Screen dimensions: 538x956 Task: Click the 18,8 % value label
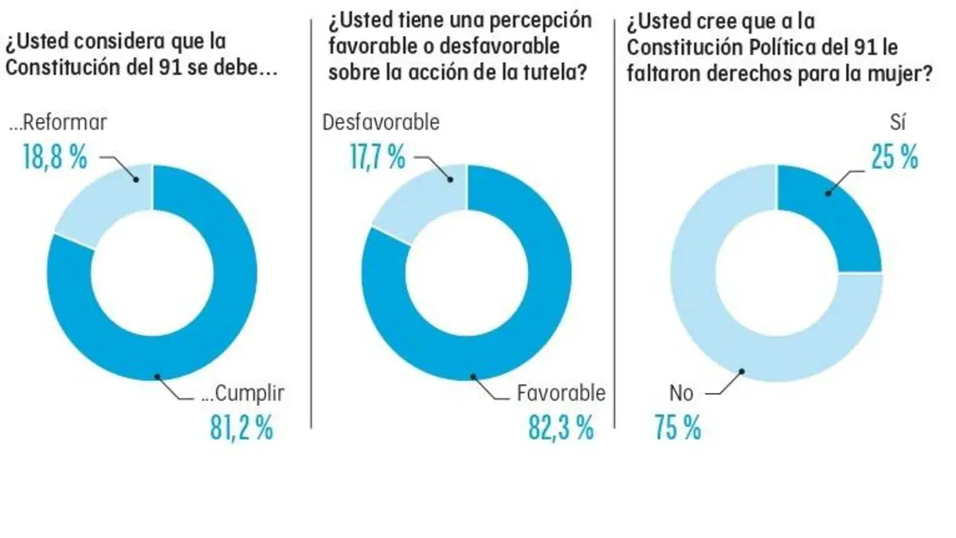coord(54,157)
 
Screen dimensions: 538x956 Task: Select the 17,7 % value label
coord(377,157)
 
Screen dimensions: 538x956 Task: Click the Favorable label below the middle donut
coord(561,393)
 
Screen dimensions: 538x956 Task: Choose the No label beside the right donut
coord(682,393)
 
